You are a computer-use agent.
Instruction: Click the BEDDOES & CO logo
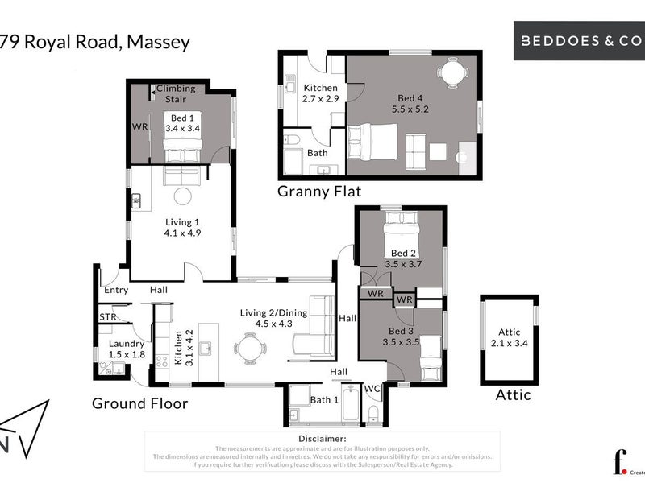click(x=579, y=39)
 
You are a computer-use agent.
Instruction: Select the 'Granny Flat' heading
click(x=319, y=191)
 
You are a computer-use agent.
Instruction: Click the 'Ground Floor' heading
click(x=139, y=402)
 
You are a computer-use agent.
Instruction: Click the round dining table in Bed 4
click(x=451, y=74)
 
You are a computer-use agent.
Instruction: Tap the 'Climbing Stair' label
click(x=176, y=94)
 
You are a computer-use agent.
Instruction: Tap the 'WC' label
click(x=372, y=389)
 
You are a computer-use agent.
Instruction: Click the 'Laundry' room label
click(x=127, y=344)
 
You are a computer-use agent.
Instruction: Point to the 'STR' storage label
click(x=108, y=317)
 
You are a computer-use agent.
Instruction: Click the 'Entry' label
click(x=116, y=290)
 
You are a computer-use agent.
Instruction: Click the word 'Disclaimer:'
click(x=322, y=440)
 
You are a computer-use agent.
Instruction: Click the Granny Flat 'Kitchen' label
click(x=320, y=88)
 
